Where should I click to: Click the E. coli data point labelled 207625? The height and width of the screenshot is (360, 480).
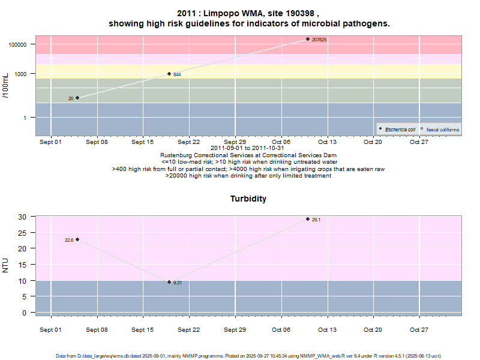[x=308, y=39]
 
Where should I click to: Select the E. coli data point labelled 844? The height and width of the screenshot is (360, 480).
[x=169, y=74]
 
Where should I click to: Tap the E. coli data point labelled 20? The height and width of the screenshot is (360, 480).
[x=77, y=98]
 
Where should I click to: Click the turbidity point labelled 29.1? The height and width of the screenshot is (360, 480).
[x=308, y=219]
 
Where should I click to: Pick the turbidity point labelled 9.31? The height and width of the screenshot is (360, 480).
[x=169, y=282]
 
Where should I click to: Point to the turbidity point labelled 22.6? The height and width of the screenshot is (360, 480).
[x=77, y=239]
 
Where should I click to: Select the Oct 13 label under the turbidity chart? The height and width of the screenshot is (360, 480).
[x=327, y=330]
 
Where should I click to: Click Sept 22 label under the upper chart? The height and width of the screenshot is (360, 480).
[x=188, y=142]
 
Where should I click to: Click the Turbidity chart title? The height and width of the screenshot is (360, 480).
[x=248, y=199]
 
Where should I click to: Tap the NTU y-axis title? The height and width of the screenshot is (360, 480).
[x=7, y=265]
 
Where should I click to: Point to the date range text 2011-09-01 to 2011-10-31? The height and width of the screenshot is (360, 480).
[x=248, y=148]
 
